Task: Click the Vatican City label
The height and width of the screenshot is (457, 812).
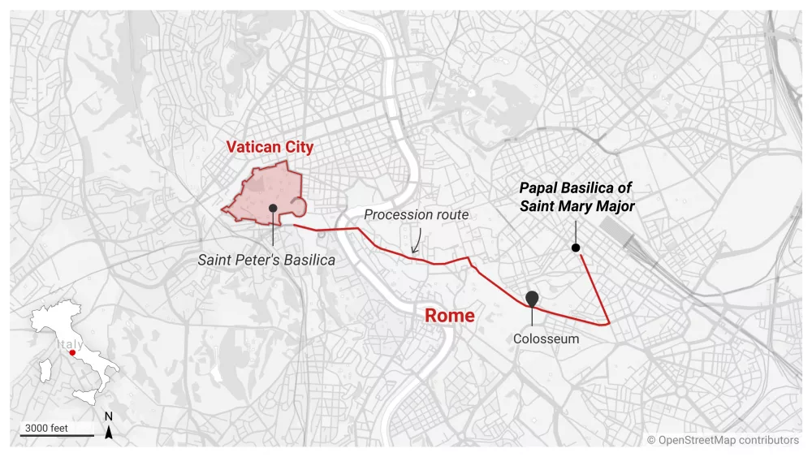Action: (270, 147)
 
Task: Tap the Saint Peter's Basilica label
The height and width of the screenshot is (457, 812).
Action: (266, 260)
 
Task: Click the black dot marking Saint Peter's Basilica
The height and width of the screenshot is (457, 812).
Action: (273, 209)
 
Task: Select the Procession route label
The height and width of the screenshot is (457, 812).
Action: (416, 215)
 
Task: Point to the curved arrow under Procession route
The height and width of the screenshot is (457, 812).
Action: (416, 241)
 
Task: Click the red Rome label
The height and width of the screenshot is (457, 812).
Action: (449, 315)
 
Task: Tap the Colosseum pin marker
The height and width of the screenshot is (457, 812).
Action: (532, 298)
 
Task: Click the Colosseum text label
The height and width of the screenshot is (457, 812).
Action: (546, 338)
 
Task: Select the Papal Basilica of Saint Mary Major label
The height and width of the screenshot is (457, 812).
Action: (577, 197)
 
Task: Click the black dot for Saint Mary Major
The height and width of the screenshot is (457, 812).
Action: (576, 248)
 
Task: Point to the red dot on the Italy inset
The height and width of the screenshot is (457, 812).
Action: (72, 353)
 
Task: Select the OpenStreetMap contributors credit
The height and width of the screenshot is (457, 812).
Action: (723, 440)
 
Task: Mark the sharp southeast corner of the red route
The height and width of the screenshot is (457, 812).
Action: (609, 323)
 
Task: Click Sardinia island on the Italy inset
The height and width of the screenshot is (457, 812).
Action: (45, 371)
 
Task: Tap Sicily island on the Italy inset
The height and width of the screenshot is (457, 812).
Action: (84, 395)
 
